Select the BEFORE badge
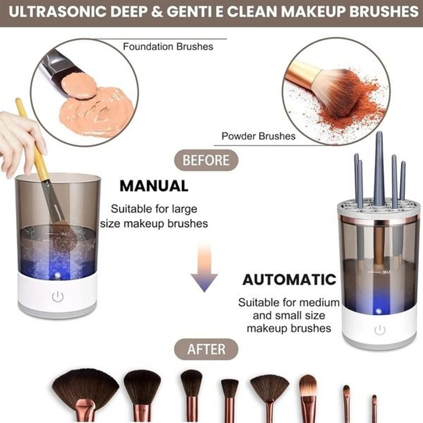(206, 161)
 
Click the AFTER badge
(206, 349)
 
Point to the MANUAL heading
(154, 186)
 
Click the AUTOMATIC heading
(289, 280)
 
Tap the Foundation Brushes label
(168, 47)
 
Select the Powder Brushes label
(258, 136)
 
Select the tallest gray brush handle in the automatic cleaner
(379, 169)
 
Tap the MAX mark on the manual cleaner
(65, 233)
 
